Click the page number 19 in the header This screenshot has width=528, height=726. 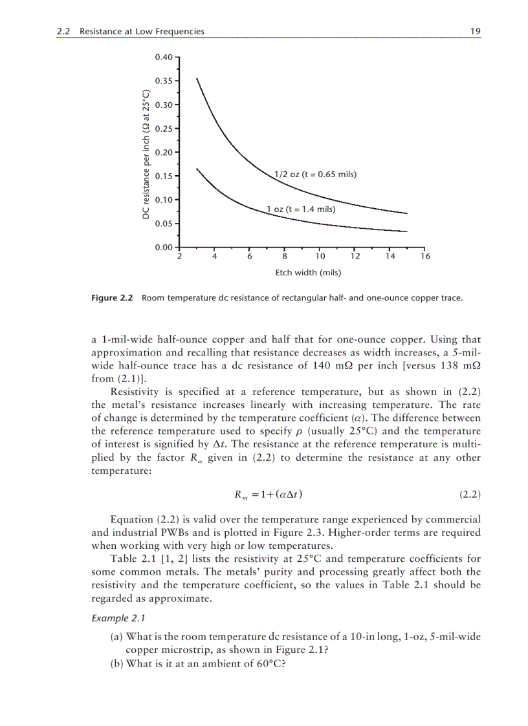pos(475,31)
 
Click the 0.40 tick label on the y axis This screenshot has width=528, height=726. pos(164,58)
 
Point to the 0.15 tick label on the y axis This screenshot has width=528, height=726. pos(164,176)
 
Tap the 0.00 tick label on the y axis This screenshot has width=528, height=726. pos(164,247)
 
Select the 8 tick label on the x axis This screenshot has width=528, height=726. pos(285,256)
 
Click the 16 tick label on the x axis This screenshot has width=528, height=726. pos(424,256)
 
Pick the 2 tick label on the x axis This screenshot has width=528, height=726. pos(179,256)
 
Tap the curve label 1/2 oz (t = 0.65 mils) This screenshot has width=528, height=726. pos(315,175)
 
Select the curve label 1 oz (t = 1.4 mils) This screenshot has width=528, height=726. pos(301,209)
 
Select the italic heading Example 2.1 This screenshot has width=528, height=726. pos(116,618)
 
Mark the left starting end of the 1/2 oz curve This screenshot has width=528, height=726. pos(197,79)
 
